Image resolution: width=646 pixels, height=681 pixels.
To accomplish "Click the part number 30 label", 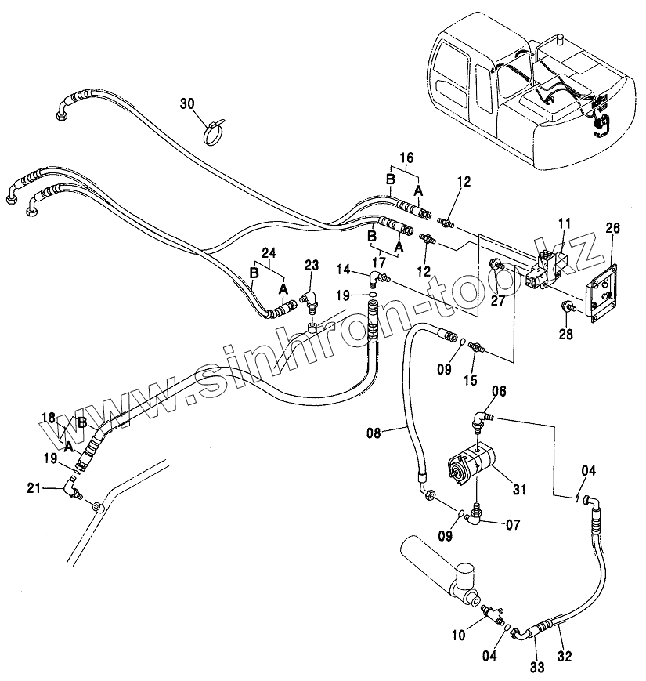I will click(187, 104).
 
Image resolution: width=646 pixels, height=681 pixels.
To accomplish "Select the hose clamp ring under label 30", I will click(212, 134).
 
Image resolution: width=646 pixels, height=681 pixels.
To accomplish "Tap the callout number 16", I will click(405, 158).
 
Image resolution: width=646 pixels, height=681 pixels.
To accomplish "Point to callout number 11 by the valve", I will click(563, 224).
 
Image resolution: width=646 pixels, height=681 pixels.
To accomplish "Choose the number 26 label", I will click(612, 228).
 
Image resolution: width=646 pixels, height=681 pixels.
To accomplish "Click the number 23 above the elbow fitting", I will click(312, 265).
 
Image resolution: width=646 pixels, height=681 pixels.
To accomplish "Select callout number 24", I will click(269, 252).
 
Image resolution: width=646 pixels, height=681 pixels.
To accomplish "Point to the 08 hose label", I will click(375, 432).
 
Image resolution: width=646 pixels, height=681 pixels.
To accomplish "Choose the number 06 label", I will click(499, 391).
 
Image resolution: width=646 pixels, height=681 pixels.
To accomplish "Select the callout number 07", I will click(512, 524).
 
